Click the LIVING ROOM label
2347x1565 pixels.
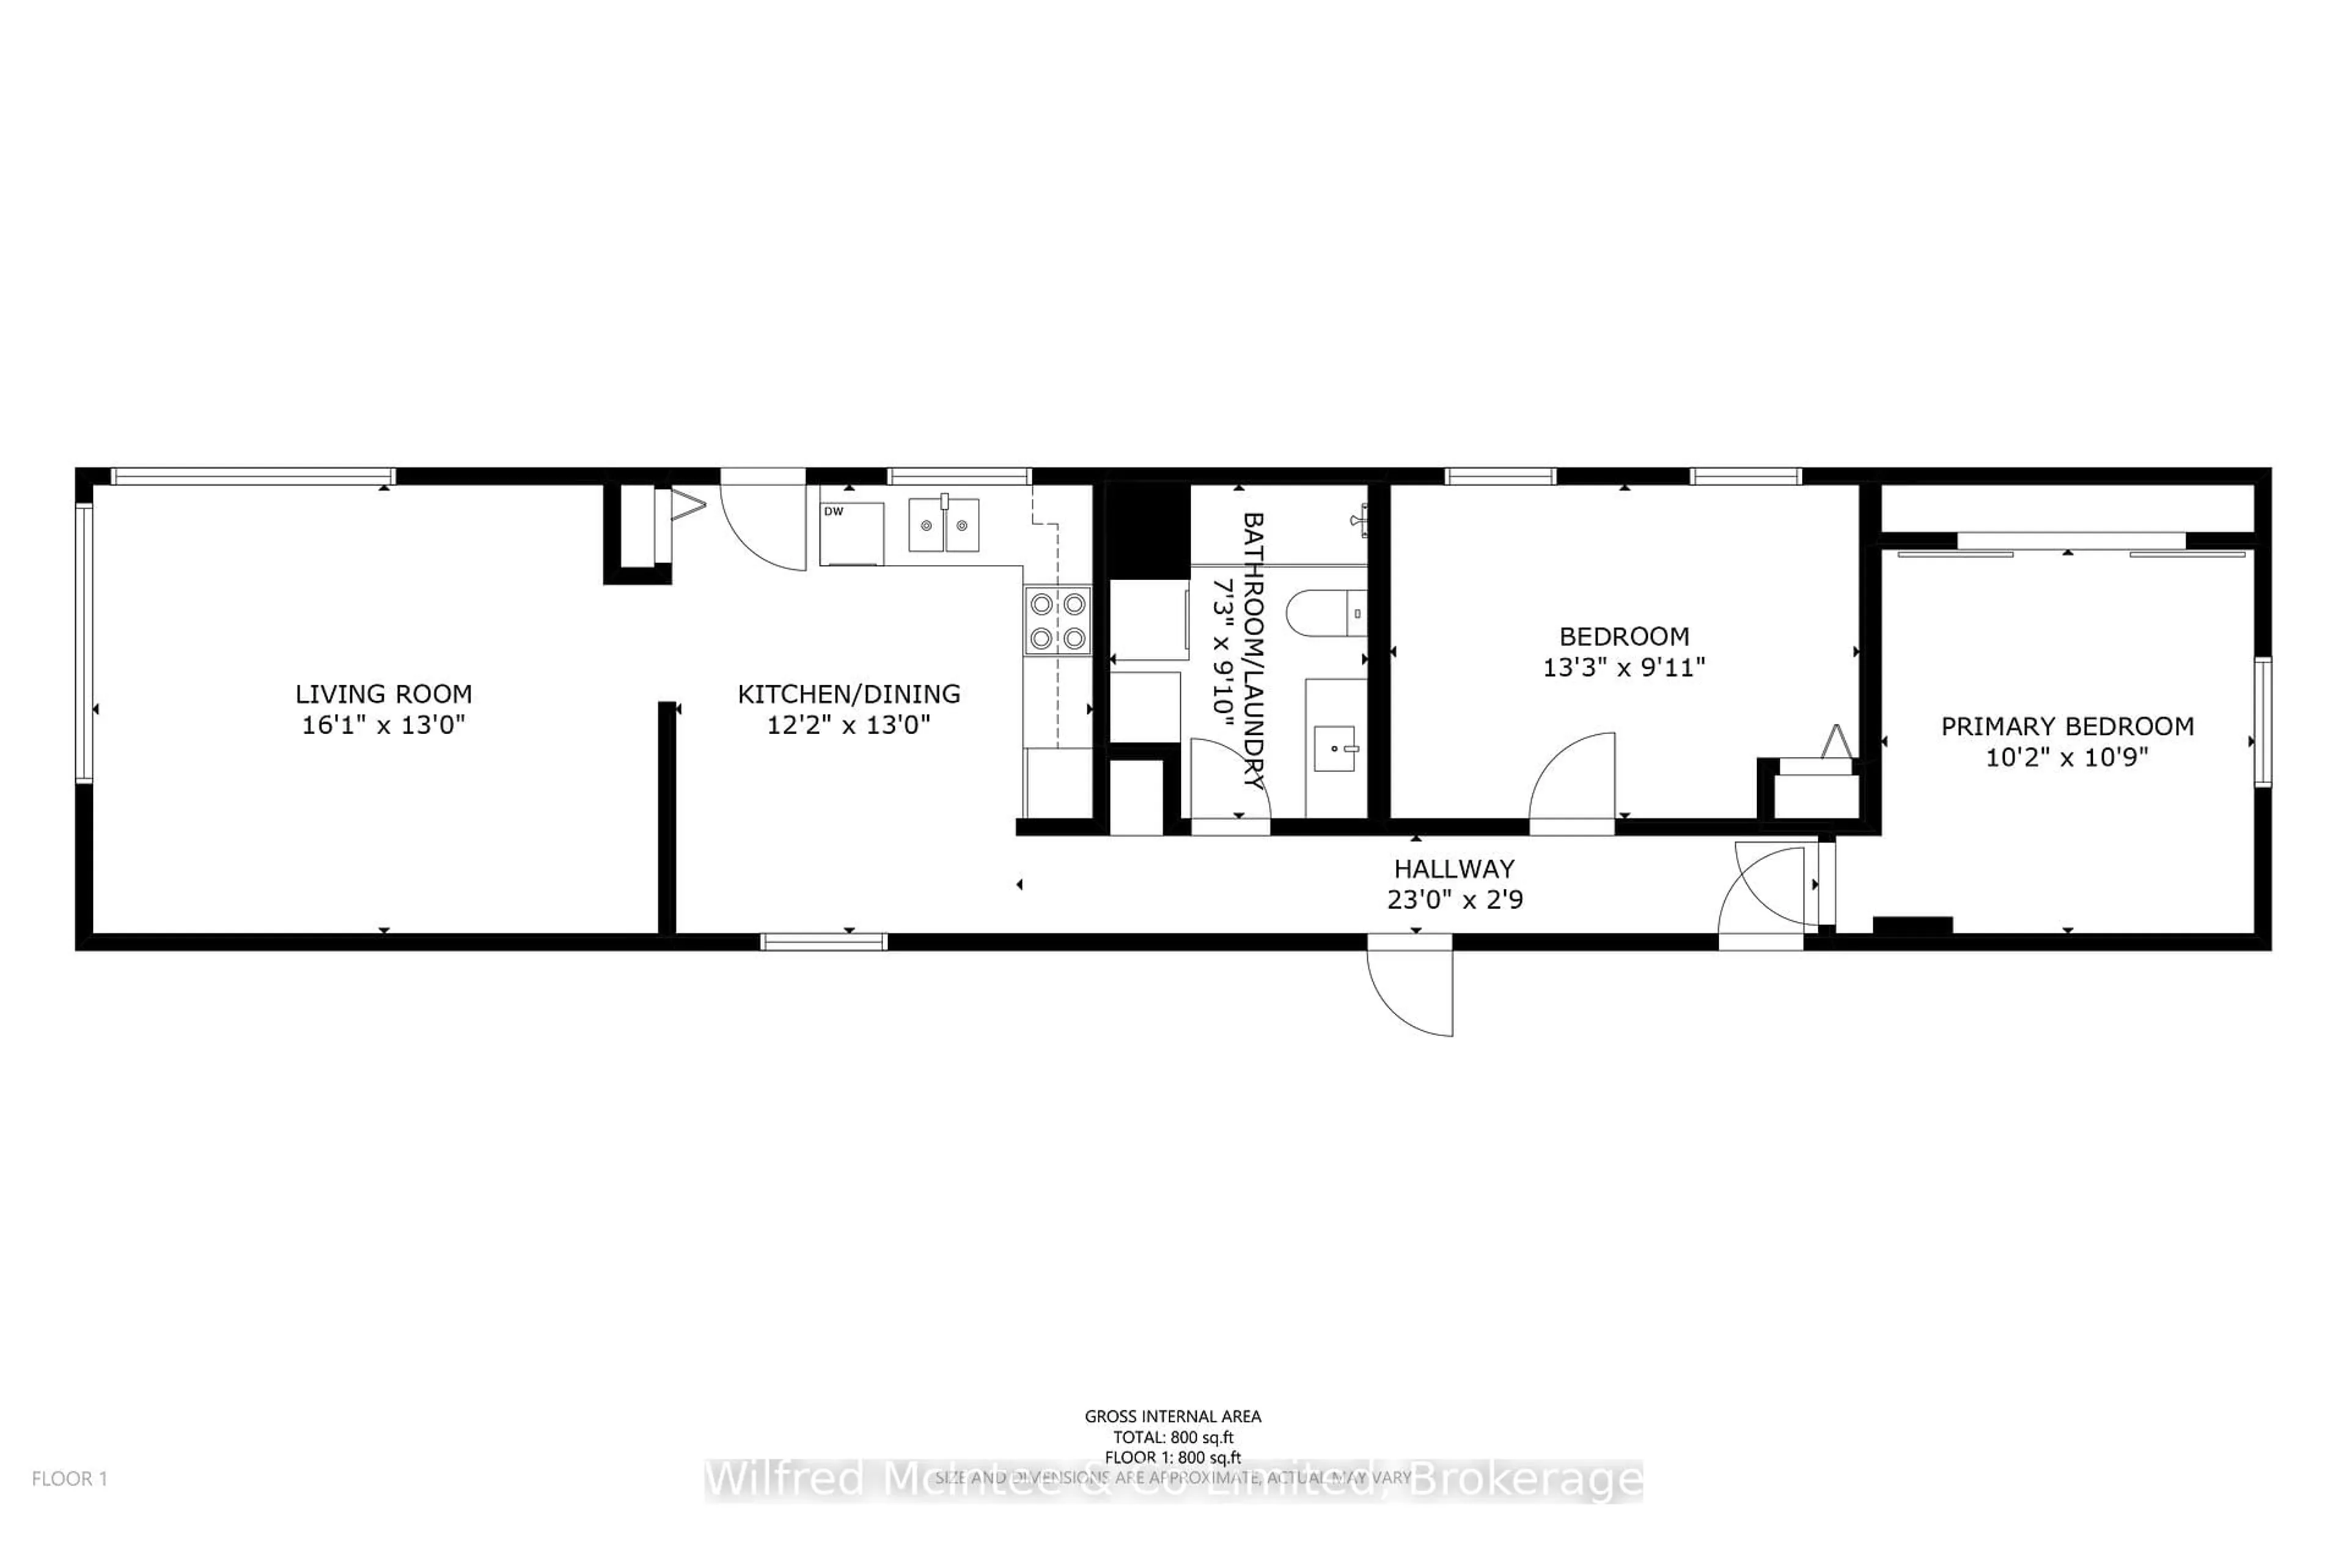383,694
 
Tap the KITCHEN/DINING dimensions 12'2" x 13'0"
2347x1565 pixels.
848,724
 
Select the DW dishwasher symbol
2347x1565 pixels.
851,534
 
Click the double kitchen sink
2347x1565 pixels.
943,526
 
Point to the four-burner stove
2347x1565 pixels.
1057,621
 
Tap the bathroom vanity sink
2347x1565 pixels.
1334,748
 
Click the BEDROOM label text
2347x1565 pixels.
1623,636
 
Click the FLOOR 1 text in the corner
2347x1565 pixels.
69,1478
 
